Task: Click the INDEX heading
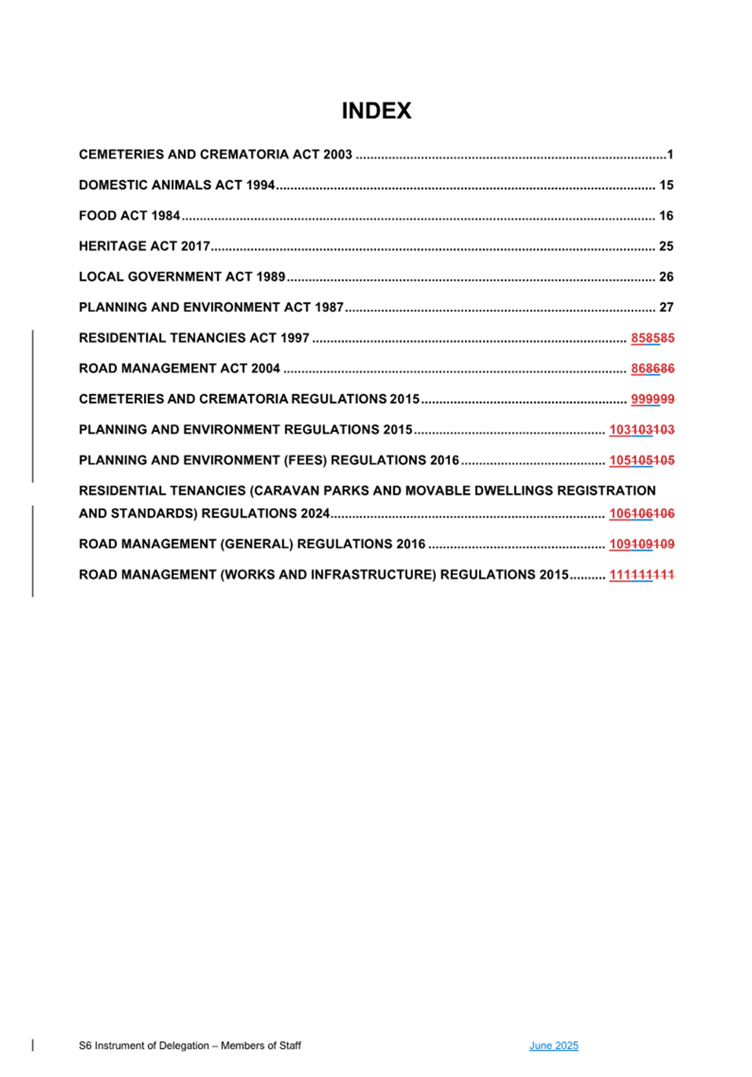click(x=376, y=111)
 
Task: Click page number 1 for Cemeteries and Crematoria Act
click(x=669, y=155)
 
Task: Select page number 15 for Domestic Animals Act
click(x=665, y=186)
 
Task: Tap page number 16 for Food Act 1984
click(x=665, y=216)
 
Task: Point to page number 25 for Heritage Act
click(x=665, y=246)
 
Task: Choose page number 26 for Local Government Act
click(x=665, y=277)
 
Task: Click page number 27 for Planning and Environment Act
click(x=665, y=308)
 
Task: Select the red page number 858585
click(x=652, y=338)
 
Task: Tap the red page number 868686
click(x=652, y=369)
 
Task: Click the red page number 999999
click(x=652, y=400)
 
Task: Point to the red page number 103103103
click(x=641, y=430)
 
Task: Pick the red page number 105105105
click(x=641, y=461)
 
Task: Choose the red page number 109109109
click(x=641, y=544)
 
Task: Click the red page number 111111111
click(x=641, y=575)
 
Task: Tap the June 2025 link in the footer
click(x=553, y=1046)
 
